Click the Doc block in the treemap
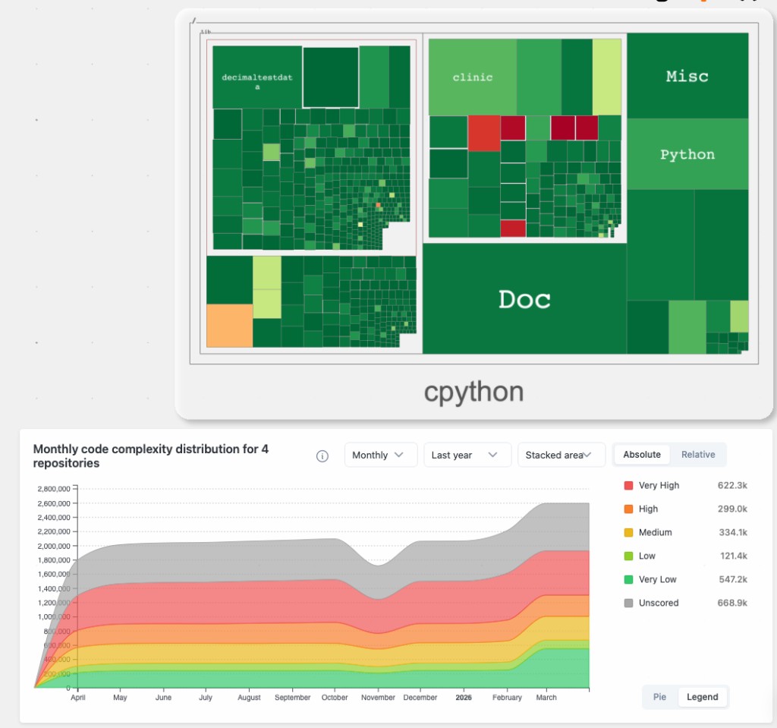[524, 299]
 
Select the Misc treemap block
[687, 76]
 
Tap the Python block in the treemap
[687, 155]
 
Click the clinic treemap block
[472, 77]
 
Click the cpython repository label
[473, 392]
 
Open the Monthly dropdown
[380, 455]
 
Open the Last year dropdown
[466, 455]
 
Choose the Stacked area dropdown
[561, 455]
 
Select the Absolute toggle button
[642, 455]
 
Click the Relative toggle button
[698, 455]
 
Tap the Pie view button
[659, 697]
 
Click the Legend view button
[702, 697]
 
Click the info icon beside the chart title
[322, 456]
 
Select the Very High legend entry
[659, 485]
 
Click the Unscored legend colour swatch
[628, 603]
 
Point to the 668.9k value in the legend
[732, 603]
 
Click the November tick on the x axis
[378, 698]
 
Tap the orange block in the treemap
[229, 326]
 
